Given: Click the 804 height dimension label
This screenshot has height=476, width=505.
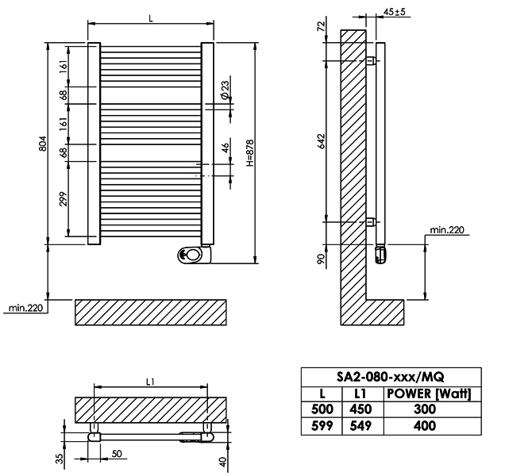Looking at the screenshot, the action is click(x=44, y=144).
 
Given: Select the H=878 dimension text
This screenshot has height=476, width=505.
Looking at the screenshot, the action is click(x=250, y=153).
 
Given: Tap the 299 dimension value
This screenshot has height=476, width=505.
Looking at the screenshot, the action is click(x=64, y=199).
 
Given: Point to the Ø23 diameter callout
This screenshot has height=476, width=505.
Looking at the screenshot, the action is click(x=225, y=90).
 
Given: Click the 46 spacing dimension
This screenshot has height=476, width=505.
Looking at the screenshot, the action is click(x=226, y=148).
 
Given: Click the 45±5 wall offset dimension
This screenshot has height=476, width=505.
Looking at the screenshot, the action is click(x=394, y=12).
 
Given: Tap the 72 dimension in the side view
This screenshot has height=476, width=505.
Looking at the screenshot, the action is click(x=322, y=27).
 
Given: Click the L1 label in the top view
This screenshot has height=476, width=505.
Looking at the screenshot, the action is click(x=150, y=382).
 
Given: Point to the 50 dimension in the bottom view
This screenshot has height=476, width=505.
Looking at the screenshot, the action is click(x=117, y=454).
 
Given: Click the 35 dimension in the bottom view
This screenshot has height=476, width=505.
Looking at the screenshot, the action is click(x=60, y=459).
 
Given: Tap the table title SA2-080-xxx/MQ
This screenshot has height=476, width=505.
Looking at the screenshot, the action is click(x=391, y=376).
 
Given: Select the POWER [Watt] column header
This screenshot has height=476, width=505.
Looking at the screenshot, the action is click(x=429, y=393).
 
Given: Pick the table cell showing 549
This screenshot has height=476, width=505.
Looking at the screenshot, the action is click(x=360, y=425).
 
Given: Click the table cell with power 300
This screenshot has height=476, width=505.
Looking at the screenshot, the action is click(x=425, y=409).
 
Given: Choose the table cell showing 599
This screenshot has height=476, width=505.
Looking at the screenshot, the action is click(x=322, y=425).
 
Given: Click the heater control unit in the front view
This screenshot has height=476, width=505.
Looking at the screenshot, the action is click(x=195, y=255).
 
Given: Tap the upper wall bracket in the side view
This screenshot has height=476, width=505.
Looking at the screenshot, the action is click(x=370, y=60).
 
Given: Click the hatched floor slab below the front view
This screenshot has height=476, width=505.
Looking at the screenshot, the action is click(x=151, y=313).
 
